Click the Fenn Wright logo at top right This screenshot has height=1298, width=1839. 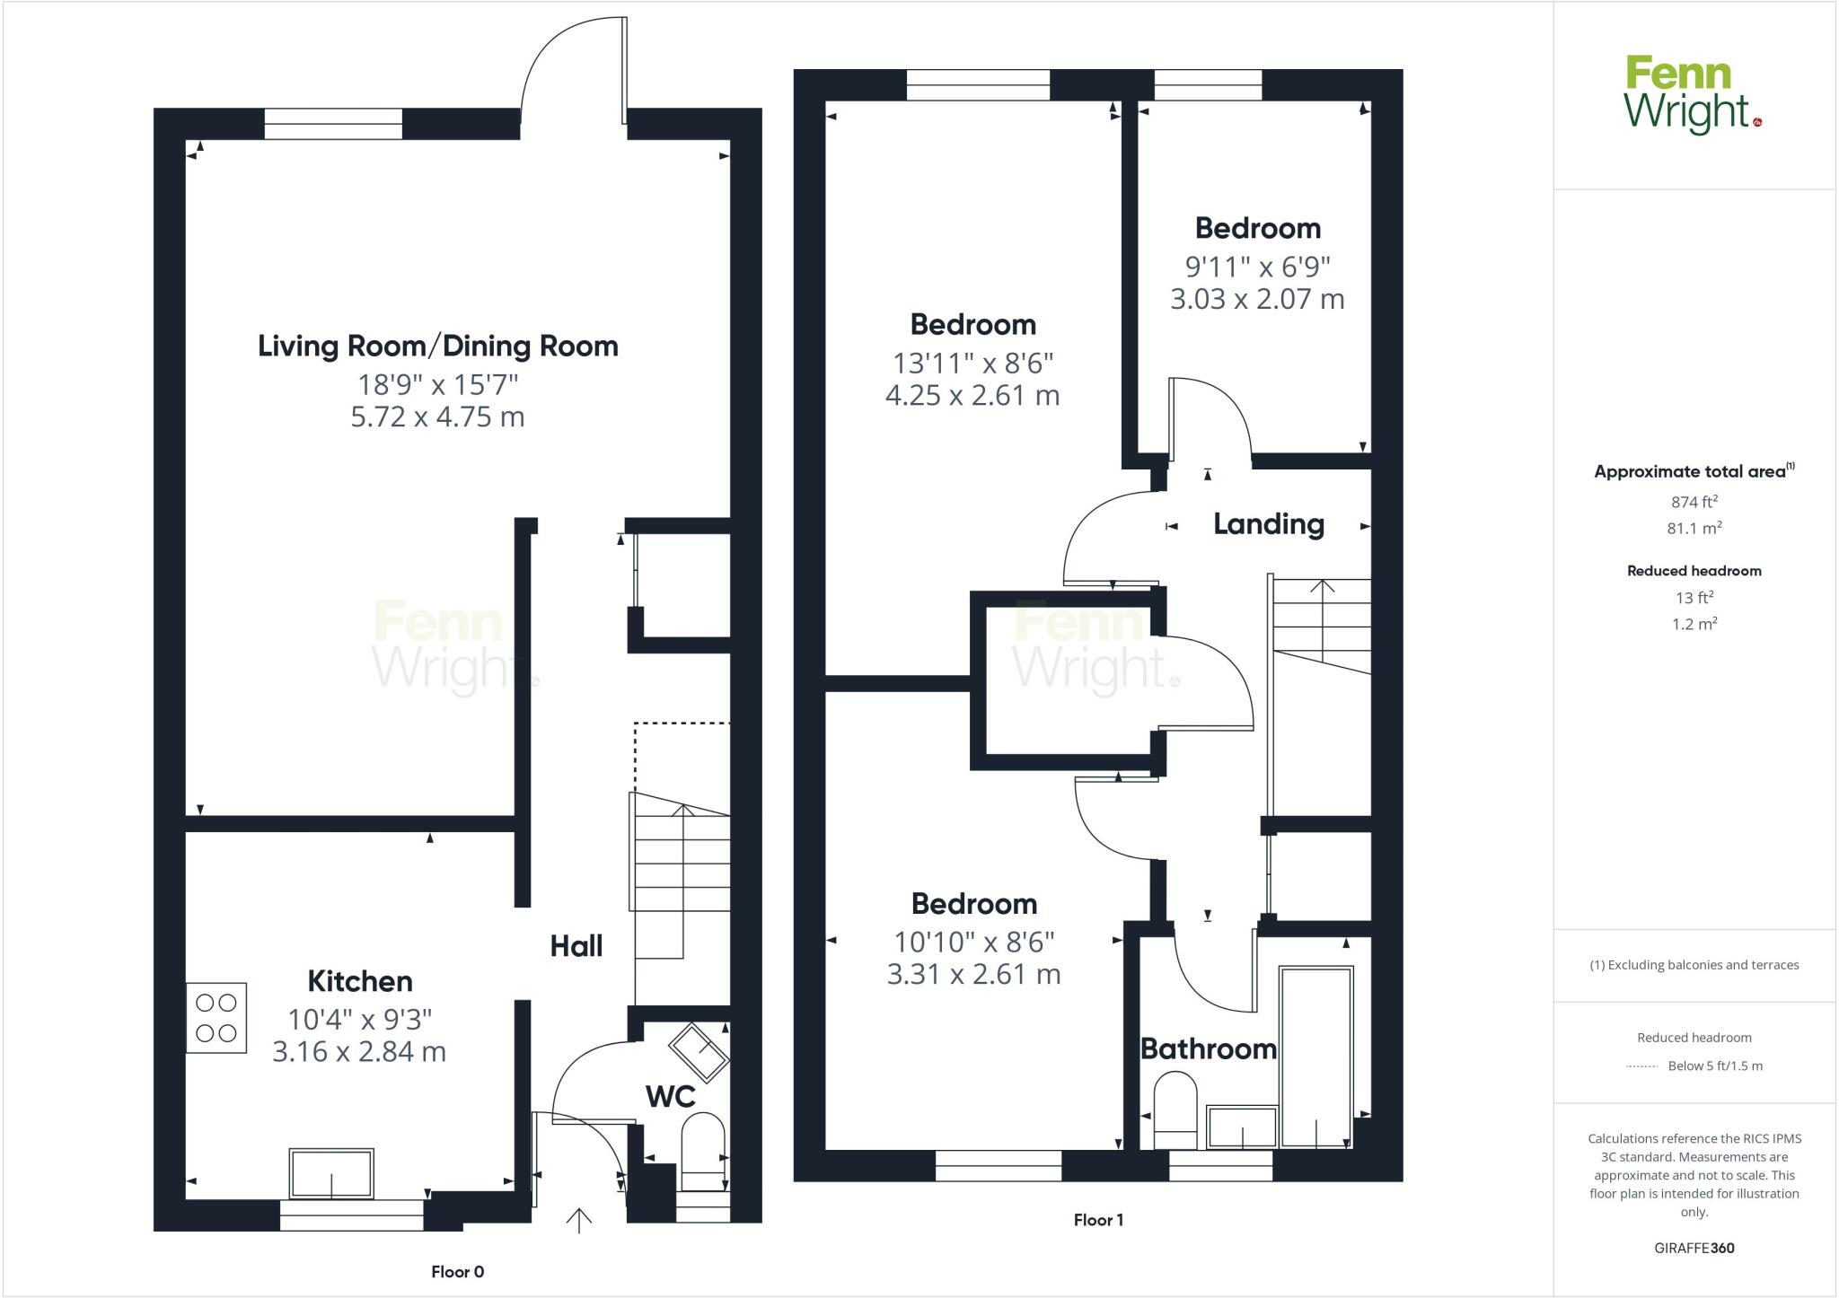[1692, 95]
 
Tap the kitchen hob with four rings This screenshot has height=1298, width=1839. [216, 1017]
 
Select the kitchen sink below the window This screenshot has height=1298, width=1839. [331, 1173]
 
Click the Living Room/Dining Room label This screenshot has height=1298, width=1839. [438, 346]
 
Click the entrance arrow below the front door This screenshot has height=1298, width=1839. [579, 1221]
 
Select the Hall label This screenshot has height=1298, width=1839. [576, 946]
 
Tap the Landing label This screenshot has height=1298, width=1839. [1268, 524]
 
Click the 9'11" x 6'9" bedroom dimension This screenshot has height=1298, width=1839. [1257, 267]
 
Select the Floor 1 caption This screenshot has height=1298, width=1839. [1098, 1220]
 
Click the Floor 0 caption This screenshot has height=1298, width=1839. [457, 1272]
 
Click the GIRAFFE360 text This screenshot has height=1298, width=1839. [1694, 1248]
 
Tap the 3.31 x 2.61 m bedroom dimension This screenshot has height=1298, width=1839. [973, 975]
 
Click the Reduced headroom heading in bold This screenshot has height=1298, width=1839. [1694, 571]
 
